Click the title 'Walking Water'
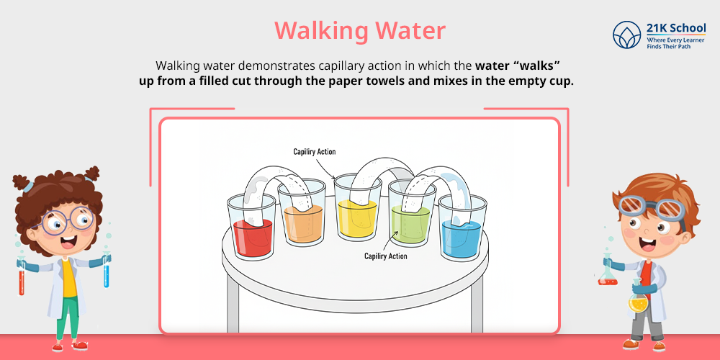coord(359,31)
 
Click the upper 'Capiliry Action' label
coord(314,152)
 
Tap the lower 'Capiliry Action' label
coord(385,256)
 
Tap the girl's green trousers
coord(68,317)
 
